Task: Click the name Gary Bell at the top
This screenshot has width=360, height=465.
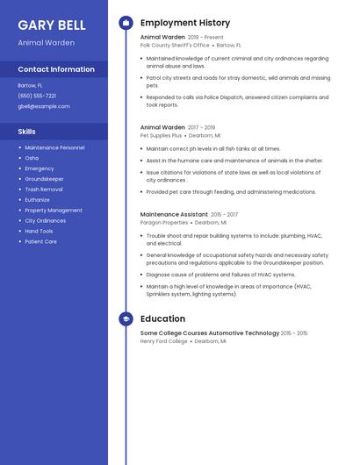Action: (52, 25)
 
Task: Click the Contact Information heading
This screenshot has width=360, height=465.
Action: (56, 69)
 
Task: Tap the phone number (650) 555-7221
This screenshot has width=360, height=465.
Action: (37, 96)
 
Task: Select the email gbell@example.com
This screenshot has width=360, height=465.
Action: (44, 106)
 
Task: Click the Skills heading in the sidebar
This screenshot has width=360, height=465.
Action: (26, 132)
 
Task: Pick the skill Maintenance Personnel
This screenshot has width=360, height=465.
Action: (54, 147)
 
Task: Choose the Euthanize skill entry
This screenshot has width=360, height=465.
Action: (38, 200)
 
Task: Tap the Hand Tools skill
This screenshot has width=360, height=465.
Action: (39, 231)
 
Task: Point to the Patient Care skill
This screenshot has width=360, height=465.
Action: (40, 241)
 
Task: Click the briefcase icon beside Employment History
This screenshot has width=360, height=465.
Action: (126, 23)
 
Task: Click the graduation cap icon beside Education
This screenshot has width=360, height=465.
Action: (126, 319)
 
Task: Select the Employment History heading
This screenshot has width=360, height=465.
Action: (185, 23)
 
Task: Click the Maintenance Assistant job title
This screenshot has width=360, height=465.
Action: (174, 215)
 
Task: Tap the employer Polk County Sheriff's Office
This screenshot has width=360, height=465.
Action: (175, 45)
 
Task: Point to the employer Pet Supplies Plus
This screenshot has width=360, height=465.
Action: (161, 136)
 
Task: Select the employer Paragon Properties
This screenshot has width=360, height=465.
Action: (164, 223)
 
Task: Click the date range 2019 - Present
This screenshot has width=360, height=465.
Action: (205, 38)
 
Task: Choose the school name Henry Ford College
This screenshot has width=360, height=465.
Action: (164, 341)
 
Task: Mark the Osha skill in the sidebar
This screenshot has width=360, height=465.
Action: (32, 158)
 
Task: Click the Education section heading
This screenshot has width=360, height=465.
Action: (162, 319)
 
